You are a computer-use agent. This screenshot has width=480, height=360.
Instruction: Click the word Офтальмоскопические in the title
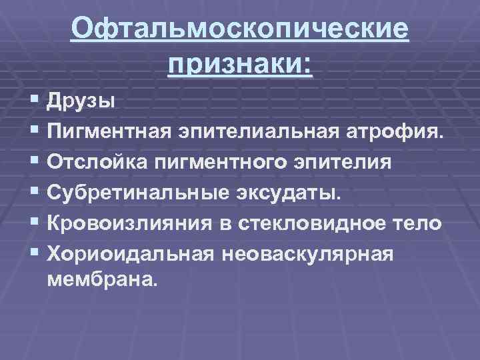click(240, 30)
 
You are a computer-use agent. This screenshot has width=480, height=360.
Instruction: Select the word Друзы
click(81, 102)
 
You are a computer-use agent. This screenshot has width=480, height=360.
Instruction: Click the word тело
click(415, 223)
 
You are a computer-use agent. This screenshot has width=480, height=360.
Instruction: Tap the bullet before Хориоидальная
click(34, 253)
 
